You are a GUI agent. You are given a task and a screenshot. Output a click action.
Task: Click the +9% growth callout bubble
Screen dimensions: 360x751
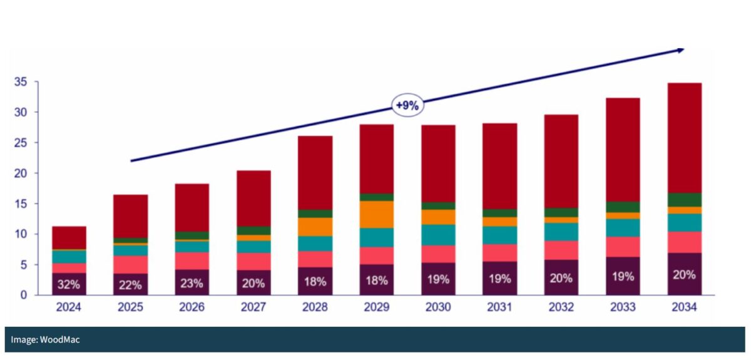[x=407, y=106]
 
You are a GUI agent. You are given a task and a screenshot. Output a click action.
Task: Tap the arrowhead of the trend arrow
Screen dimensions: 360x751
[x=680, y=49]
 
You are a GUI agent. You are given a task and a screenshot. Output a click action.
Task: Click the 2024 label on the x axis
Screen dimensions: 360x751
[x=68, y=307]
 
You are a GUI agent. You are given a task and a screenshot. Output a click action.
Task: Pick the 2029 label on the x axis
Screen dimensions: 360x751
[x=377, y=307]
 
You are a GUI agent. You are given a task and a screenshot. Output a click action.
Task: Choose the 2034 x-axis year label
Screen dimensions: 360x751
[x=684, y=307]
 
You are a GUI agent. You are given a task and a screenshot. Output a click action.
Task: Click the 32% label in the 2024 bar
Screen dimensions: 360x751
[x=68, y=284]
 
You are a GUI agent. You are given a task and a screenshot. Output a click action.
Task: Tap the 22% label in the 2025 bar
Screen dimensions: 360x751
[x=130, y=284]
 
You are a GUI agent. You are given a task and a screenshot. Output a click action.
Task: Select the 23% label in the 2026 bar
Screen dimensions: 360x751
[x=192, y=284]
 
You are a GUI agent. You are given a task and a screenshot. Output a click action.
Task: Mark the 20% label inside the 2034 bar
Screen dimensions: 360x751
[x=684, y=274]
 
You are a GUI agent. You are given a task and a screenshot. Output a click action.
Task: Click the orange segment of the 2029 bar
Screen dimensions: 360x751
[x=377, y=214]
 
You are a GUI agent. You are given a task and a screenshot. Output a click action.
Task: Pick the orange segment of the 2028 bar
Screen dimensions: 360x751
[x=315, y=227]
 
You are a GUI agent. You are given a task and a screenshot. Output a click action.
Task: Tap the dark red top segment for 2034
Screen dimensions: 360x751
[x=684, y=138]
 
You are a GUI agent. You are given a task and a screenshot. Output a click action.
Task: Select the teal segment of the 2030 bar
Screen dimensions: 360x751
[x=438, y=235]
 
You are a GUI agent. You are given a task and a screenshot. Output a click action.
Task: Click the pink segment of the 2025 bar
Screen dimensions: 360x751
[x=130, y=264]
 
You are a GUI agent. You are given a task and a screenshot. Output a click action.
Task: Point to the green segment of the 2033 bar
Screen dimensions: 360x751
[x=623, y=207]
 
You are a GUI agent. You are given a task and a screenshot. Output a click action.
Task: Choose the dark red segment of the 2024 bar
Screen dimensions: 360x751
[x=68, y=237]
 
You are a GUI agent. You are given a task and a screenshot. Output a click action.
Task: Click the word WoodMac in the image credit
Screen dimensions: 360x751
[x=60, y=339]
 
